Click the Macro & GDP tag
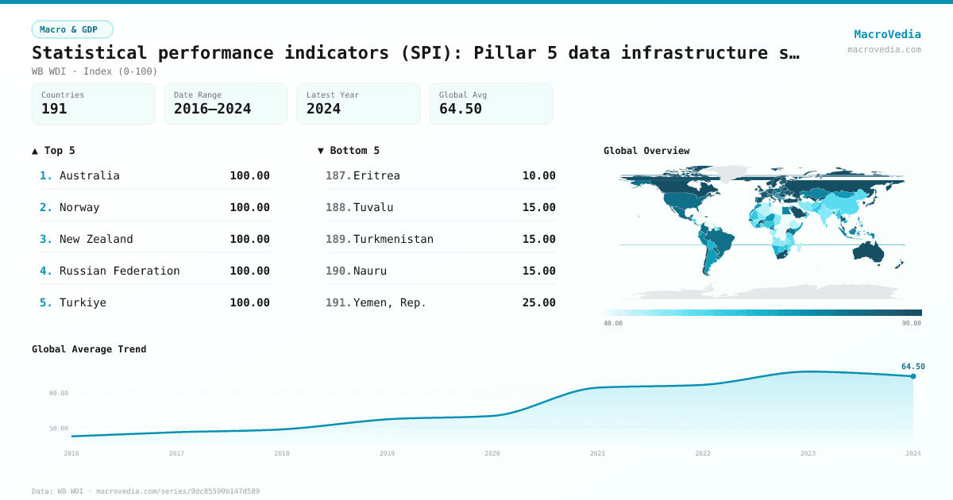(x=72, y=29)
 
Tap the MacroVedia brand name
(x=887, y=34)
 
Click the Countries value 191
(x=54, y=109)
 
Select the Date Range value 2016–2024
(x=212, y=109)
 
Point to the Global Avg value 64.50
(x=461, y=109)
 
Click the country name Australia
(x=90, y=175)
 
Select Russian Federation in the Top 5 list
(x=120, y=271)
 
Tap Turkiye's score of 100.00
(x=249, y=302)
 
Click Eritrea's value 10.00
(x=538, y=175)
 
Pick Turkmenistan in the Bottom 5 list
(x=393, y=239)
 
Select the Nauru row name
(x=370, y=271)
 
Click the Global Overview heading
(x=646, y=151)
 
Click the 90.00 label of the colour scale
(x=912, y=323)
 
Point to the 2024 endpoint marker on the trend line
(x=912, y=376)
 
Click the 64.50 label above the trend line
(x=912, y=367)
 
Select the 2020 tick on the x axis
(x=492, y=453)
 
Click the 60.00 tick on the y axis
(x=59, y=393)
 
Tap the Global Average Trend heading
(x=89, y=349)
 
